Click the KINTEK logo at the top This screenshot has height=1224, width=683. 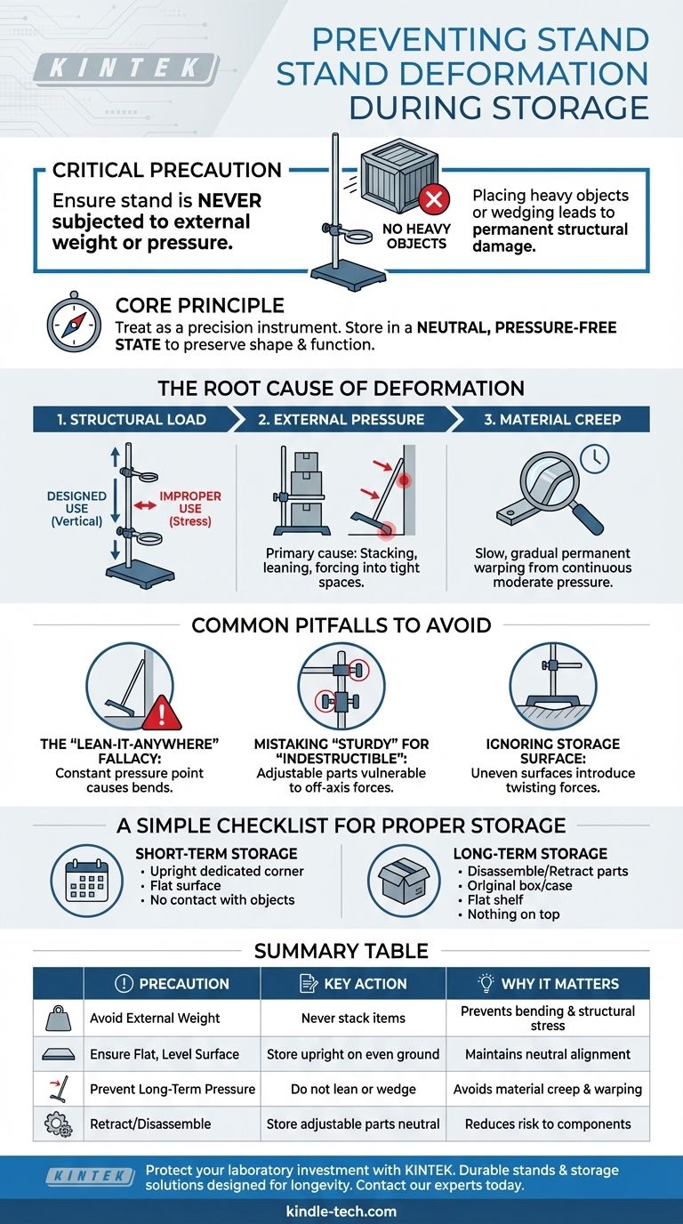coord(125,69)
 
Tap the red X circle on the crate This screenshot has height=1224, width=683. coord(433,200)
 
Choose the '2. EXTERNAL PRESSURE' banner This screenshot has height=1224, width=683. coord(341,419)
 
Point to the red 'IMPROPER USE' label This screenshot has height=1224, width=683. coord(190,503)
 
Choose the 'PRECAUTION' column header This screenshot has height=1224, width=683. coord(173,983)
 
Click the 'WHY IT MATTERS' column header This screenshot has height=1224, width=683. coord(547,983)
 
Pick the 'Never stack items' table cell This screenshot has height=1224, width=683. coord(353,1018)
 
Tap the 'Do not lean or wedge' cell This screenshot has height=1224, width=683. coord(353,1089)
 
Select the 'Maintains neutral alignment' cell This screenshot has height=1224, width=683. coord(548,1054)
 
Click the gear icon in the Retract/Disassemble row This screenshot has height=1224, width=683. coord(58,1124)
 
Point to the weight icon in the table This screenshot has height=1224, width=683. coord(58,1017)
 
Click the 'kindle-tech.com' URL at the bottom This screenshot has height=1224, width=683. coord(341,1211)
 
